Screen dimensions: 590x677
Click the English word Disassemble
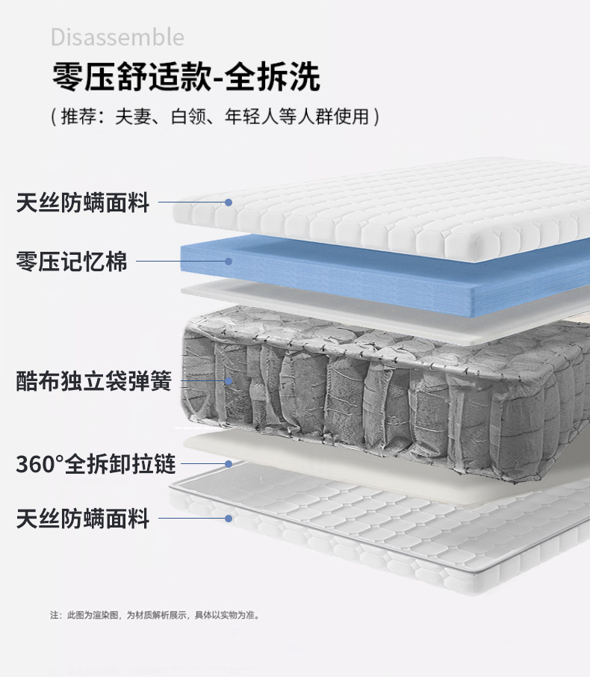[x=117, y=37]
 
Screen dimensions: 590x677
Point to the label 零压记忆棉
[x=72, y=262]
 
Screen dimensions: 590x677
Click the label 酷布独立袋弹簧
[x=94, y=381]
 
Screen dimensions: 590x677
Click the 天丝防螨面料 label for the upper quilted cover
[x=83, y=203]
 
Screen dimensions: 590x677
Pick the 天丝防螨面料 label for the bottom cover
[x=83, y=518]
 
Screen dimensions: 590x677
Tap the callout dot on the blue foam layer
[x=229, y=262]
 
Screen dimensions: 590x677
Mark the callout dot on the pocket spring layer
[x=229, y=381]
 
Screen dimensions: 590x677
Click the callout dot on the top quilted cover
[x=229, y=203]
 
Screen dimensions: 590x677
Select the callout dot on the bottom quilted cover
[x=229, y=518]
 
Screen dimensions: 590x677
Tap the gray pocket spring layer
[x=373, y=389]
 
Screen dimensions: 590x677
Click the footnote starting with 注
[x=155, y=615]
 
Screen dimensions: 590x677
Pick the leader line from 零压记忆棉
[x=179, y=262]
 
